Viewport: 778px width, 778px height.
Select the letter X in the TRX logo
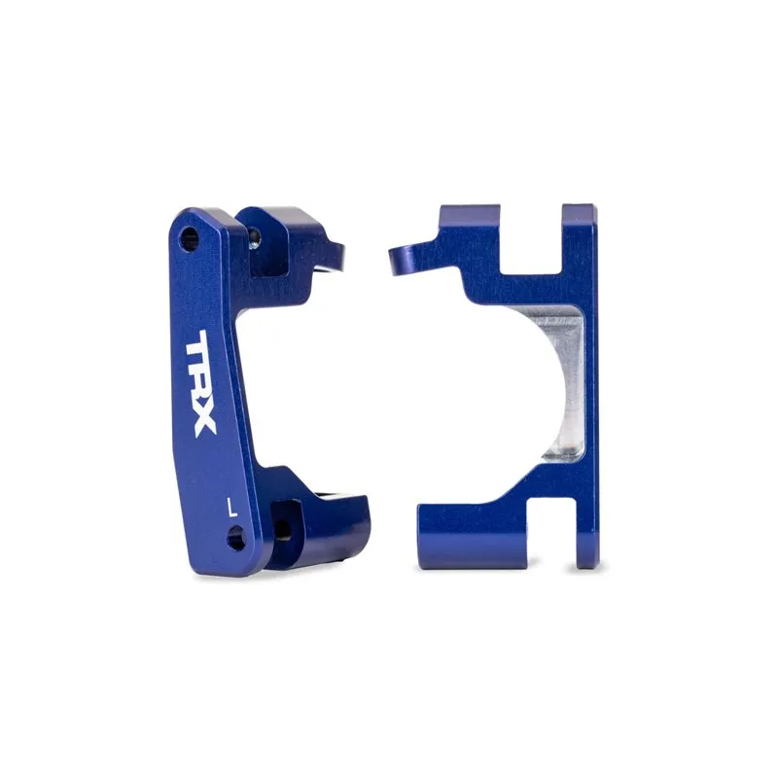[198, 420]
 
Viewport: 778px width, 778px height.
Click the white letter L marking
[231, 507]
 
